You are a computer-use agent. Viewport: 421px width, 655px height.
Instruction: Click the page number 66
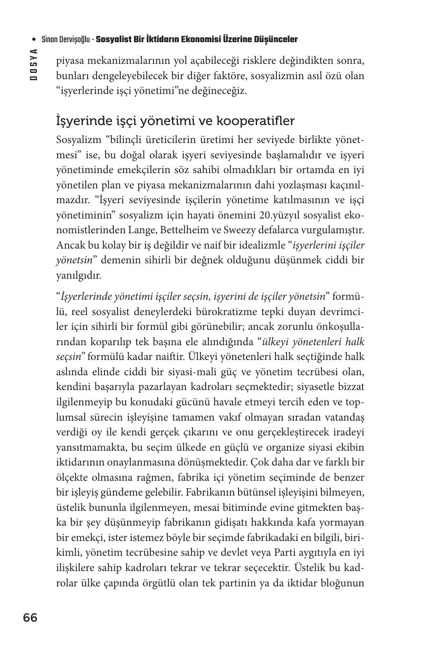coord(30,618)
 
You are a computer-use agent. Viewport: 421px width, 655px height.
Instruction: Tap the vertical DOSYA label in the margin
coord(34,64)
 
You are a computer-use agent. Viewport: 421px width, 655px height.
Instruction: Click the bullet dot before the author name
coord(34,40)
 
